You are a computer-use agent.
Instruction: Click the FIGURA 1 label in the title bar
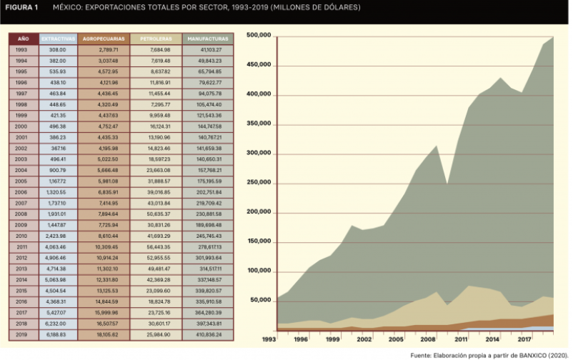tap(21, 7)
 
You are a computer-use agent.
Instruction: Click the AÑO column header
tap(23, 39)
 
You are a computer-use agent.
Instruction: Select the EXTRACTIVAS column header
tap(57, 39)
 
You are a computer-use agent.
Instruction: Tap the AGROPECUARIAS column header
tap(104, 39)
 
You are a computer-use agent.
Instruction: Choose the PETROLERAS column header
tap(156, 39)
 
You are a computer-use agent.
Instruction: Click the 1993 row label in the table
tap(22, 50)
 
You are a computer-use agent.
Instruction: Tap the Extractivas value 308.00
tap(57, 50)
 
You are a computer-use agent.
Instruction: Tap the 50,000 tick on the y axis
tap(260, 301)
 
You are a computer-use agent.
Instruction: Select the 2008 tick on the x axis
tap(429, 339)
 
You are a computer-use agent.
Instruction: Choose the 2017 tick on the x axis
tap(524, 339)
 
